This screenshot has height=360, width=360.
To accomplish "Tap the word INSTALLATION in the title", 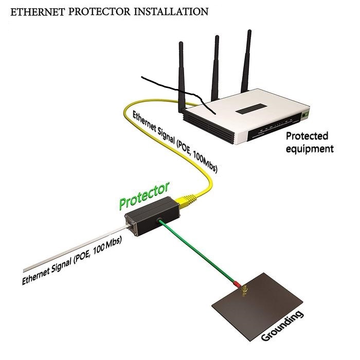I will click(x=164, y=11).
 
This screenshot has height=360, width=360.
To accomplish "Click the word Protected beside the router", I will click(x=307, y=137).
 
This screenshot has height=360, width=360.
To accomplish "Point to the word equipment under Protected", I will click(x=310, y=149).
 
